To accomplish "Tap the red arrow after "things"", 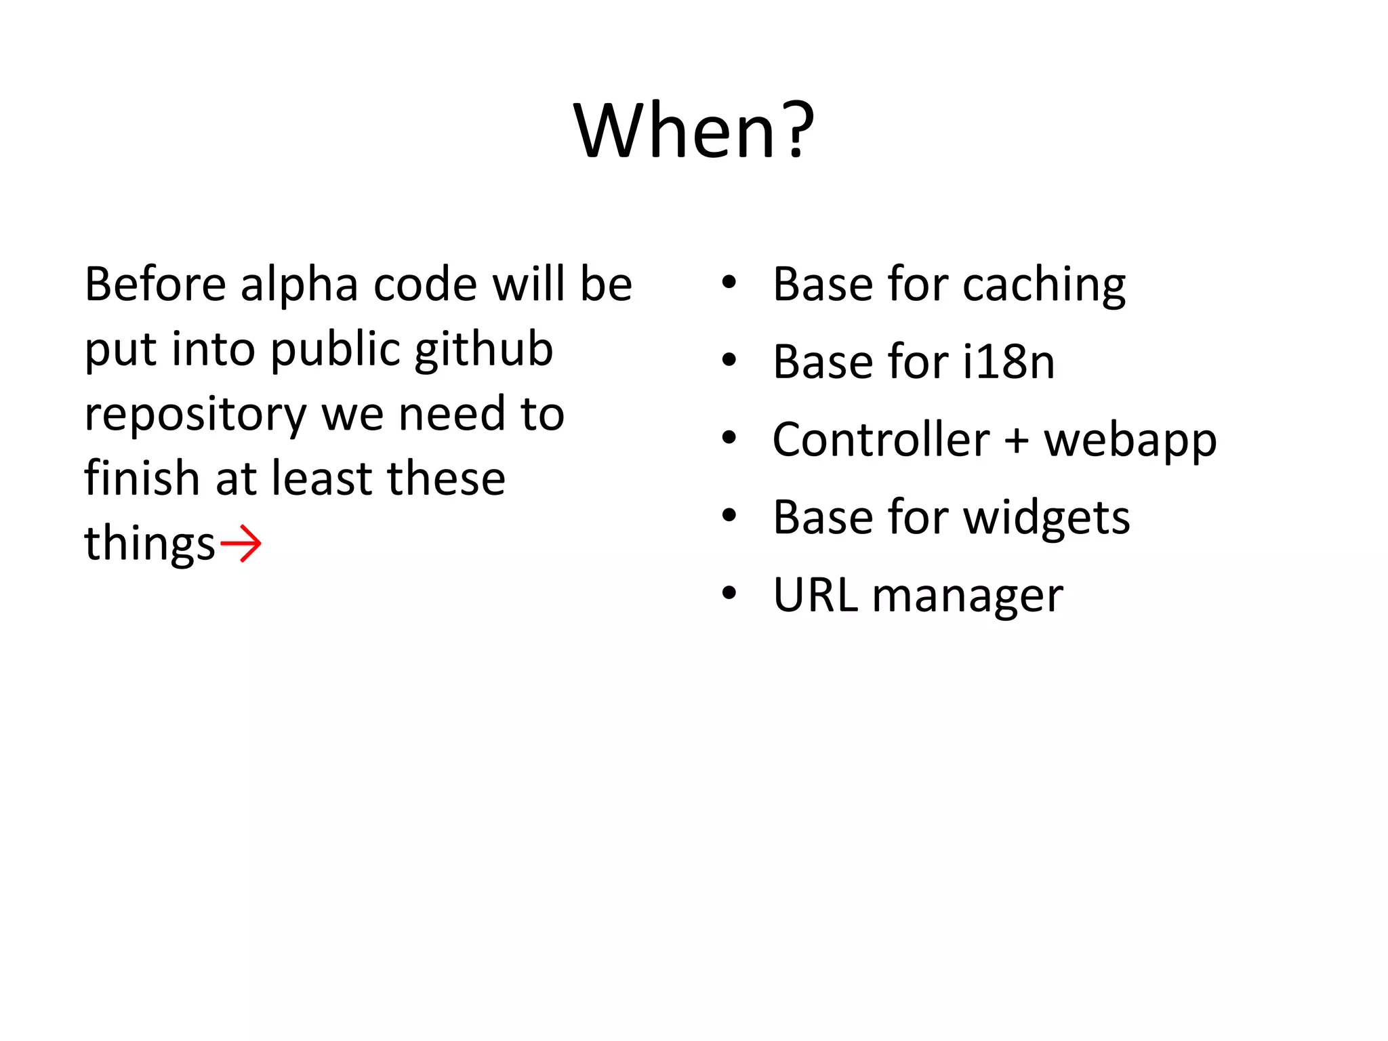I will (241, 544).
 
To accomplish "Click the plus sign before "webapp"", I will (1016, 441).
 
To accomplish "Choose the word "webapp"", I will (1130, 442).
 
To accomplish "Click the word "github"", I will (484, 350).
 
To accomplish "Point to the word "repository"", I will (195, 415).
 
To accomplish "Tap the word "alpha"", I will (299, 285).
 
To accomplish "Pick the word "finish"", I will (142, 478).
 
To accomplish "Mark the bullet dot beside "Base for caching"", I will (729, 282).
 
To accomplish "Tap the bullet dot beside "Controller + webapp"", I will (729, 438).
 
